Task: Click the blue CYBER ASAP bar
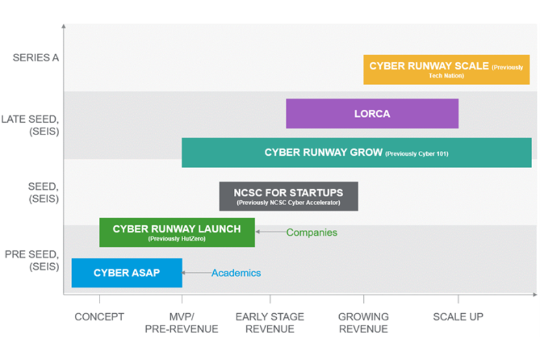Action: [x=127, y=273]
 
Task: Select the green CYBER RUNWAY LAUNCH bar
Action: [x=177, y=232]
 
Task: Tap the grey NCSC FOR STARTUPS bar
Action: [x=289, y=196]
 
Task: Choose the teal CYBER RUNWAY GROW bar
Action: [x=356, y=153]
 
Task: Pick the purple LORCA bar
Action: [x=372, y=114]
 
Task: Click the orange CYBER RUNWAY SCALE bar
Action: [x=446, y=69]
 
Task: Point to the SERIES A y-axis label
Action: [x=35, y=58]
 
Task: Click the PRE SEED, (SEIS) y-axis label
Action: [x=31, y=260]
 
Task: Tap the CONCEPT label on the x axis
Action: [x=100, y=317]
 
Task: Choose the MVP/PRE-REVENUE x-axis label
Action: [x=181, y=323]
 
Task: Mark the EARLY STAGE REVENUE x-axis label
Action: [x=270, y=323]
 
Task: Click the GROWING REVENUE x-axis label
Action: [x=363, y=323]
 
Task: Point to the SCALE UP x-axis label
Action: [x=458, y=317]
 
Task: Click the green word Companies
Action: [x=312, y=232]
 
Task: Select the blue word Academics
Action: [x=236, y=273]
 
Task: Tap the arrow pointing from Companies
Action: [x=270, y=232]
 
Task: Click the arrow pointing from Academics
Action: [x=196, y=273]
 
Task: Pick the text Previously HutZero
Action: [x=177, y=238]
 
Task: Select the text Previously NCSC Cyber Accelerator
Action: [x=289, y=202]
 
